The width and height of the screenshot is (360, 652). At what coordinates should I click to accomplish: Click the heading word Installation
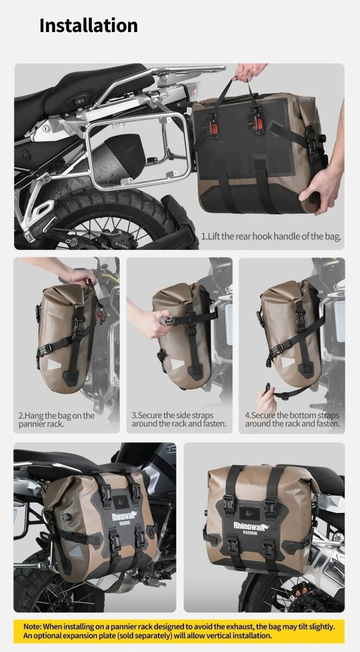[89, 26]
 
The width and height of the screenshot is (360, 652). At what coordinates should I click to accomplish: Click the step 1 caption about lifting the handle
[271, 236]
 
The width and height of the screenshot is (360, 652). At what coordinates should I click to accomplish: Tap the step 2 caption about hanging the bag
[56, 419]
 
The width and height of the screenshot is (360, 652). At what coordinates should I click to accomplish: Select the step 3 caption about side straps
[179, 419]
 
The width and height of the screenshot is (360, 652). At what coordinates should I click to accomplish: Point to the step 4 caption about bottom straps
[292, 419]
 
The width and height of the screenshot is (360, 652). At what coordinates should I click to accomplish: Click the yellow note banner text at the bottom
[179, 631]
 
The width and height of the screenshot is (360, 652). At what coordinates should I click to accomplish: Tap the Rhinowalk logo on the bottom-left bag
[122, 517]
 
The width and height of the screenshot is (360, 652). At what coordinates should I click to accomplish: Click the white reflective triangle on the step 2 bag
[53, 365]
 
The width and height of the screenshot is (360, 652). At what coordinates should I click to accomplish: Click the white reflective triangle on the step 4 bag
[288, 362]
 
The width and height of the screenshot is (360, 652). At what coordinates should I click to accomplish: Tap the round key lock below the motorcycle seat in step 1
[46, 128]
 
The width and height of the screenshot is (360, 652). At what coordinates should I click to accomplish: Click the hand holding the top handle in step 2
[83, 278]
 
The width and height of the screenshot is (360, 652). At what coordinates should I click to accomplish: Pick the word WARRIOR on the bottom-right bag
[250, 533]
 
